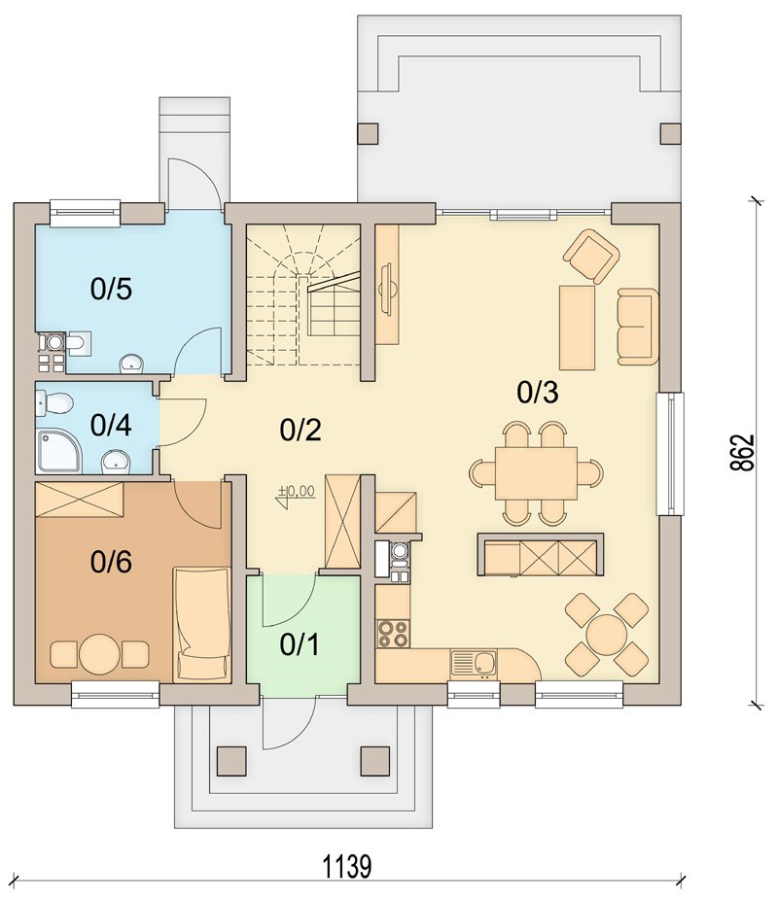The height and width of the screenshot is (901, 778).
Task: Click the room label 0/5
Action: click(111, 289)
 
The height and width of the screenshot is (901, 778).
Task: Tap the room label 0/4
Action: click(111, 425)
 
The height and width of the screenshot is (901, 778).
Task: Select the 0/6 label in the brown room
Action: click(111, 562)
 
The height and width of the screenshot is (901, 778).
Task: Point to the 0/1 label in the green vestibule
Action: click(300, 645)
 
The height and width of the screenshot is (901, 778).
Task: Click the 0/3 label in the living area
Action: click(538, 393)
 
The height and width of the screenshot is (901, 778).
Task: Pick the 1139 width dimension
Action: click(347, 867)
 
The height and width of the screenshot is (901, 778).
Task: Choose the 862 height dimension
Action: click(742, 452)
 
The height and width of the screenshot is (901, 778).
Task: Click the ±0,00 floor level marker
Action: click(297, 492)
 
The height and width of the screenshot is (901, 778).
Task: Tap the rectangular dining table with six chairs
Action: click(536, 473)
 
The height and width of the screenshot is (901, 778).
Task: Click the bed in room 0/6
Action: click(202, 625)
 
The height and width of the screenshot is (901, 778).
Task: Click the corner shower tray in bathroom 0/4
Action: click(58, 452)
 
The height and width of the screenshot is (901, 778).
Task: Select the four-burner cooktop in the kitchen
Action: click(393, 634)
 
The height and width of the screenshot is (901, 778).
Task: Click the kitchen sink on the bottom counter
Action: click(474, 663)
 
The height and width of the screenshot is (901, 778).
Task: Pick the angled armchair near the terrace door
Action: click(591, 257)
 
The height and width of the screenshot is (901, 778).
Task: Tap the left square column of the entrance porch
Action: click(231, 761)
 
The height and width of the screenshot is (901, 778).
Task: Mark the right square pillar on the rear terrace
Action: click(669, 133)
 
